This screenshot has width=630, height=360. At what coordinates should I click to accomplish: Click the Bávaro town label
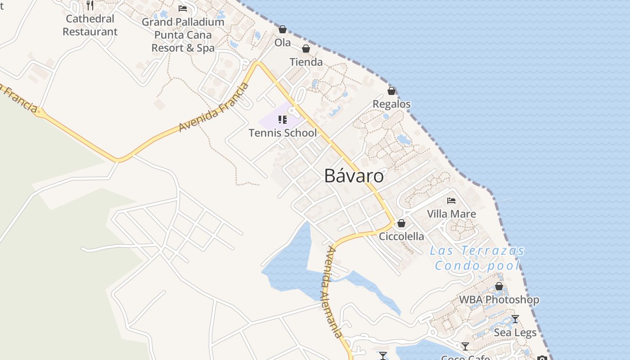[354, 176]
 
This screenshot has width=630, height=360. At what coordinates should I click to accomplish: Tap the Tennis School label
[283, 133]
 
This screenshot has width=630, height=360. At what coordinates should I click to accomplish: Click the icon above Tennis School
[283, 119]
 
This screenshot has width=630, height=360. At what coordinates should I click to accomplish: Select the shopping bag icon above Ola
[283, 30]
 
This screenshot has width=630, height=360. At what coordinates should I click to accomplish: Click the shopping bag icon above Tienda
[306, 49]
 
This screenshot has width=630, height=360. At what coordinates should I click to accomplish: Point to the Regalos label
[391, 104]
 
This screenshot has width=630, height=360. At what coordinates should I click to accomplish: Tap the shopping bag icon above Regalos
[391, 91]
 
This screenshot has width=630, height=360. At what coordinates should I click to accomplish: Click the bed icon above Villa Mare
[451, 201]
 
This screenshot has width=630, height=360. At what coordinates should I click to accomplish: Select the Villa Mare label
[451, 214]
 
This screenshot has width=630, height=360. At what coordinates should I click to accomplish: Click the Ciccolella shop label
[401, 236]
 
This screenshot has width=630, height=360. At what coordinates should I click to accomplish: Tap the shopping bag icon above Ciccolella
[401, 223]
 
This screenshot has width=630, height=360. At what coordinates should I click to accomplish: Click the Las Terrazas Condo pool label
[477, 258]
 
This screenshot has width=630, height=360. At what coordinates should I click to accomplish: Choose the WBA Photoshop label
[499, 299]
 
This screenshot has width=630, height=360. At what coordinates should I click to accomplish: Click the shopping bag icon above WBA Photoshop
[499, 286]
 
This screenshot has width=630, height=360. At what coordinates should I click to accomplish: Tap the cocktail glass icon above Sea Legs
[515, 319]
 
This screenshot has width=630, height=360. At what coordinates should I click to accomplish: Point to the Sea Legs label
[515, 333]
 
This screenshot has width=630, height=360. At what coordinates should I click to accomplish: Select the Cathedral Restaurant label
[90, 25]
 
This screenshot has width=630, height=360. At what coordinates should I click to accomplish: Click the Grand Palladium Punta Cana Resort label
[183, 35]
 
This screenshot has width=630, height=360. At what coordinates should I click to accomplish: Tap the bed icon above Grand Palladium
[183, 8]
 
